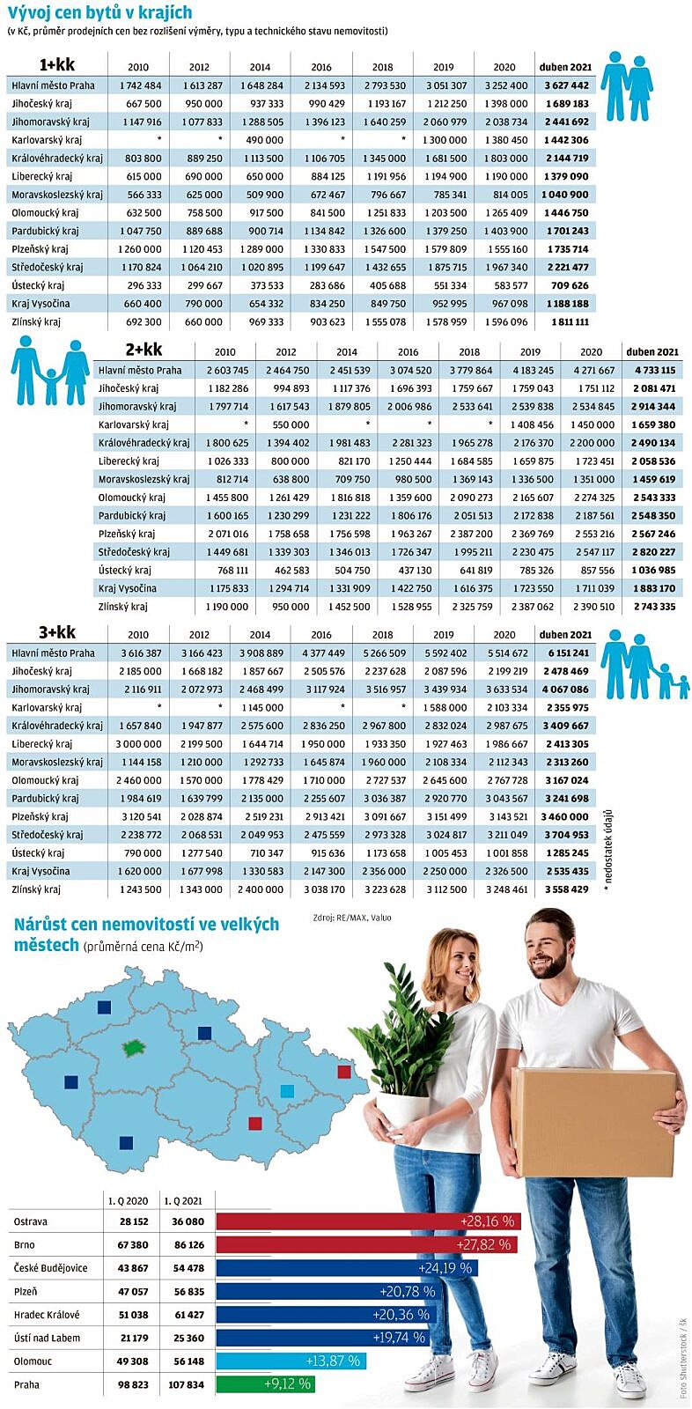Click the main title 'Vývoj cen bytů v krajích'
[x=99, y=13]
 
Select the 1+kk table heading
[x=56, y=65]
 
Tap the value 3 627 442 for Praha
[x=567, y=85]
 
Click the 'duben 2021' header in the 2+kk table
[x=652, y=351]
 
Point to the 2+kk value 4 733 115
[x=652, y=371]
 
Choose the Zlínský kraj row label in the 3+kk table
[x=36, y=889]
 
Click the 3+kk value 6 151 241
[x=567, y=653]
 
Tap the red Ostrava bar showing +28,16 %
[x=368, y=1221]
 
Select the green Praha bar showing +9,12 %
[x=265, y=1384]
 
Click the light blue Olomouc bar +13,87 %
[x=291, y=1361]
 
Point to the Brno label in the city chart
[x=25, y=1245]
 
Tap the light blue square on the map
[x=286, y=1091]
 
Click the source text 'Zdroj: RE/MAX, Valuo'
[x=352, y=918]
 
